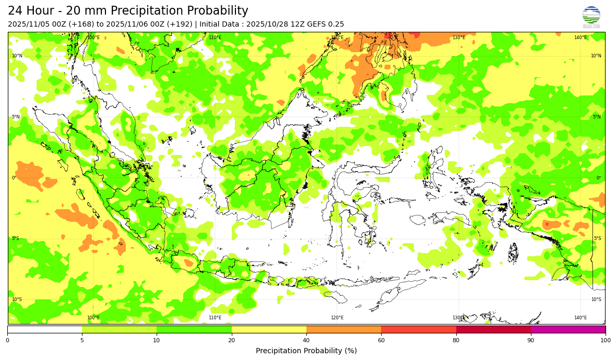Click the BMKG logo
[x=591, y=17]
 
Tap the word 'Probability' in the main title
[x=218, y=11]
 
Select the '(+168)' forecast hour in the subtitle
[x=76, y=24]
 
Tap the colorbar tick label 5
[x=82, y=341]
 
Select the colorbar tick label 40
[x=306, y=341]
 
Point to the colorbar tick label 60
[x=381, y=341]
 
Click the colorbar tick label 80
[x=456, y=341]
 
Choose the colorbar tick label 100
[x=606, y=341]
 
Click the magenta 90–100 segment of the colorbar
[x=568, y=329]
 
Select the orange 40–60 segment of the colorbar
[x=343, y=329]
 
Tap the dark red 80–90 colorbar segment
[x=493, y=329]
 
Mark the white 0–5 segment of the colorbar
[x=44, y=329]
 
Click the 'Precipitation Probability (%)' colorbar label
[x=306, y=351]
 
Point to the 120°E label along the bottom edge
[x=337, y=318]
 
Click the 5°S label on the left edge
[x=16, y=238]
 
